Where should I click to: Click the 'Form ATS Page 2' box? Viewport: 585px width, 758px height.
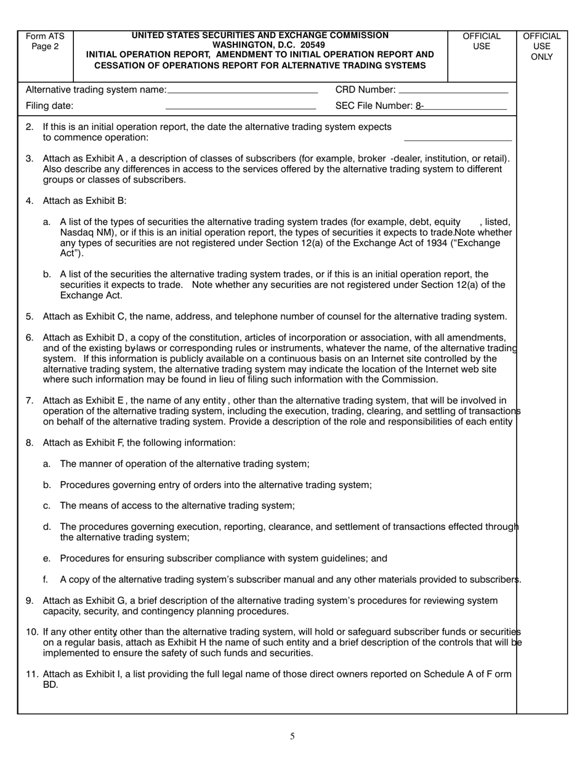click(x=45, y=41)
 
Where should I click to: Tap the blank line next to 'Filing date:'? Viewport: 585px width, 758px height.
click(x=241, y=109)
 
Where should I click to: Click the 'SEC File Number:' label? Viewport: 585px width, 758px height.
click(x=374, y=106)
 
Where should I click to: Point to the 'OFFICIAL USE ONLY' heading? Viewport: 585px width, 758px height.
click(x=541, y=47)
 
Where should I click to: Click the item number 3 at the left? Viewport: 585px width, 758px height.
click(x=30, y=158)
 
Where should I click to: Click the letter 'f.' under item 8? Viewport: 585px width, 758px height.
click(x=46, y=580)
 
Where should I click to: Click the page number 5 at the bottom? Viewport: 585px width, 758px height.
click(x=292, y=736)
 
